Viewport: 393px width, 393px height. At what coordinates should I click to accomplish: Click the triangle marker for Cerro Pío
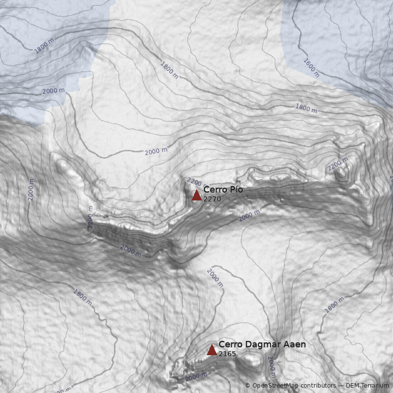pos(196,195)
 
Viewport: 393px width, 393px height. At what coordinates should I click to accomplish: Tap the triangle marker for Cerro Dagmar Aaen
pos(212,350)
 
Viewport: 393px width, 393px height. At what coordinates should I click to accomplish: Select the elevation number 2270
pos(212,199)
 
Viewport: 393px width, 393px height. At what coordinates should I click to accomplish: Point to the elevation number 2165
pos(227,354)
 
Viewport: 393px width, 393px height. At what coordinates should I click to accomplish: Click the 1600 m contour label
pos(311,68)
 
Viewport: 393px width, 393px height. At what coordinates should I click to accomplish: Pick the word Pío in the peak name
pos(237,190)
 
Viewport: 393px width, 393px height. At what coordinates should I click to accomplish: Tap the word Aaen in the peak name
pos(294,344)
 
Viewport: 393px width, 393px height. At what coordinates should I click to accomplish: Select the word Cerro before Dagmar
pos(229,344)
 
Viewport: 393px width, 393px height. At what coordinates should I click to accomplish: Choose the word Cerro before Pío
pos(214,190)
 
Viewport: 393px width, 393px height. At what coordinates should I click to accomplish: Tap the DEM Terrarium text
pos(367,386)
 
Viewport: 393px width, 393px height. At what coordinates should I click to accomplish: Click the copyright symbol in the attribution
pos(248,386)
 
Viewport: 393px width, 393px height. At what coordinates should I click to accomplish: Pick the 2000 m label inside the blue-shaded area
pos(54,91)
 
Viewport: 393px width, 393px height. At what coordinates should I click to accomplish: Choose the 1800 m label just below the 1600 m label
pos(306,108)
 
